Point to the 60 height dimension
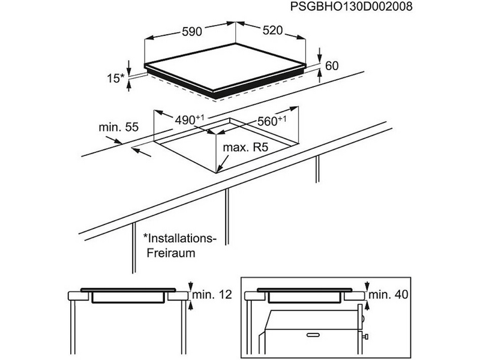click(331, 65)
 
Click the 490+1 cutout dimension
click(189, 120)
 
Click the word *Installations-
click(178, 238)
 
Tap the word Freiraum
click(170, 253)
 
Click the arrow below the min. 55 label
click(142, 151)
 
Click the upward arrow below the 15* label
click(130, 85)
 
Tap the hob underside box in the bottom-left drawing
click(128, 298)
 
